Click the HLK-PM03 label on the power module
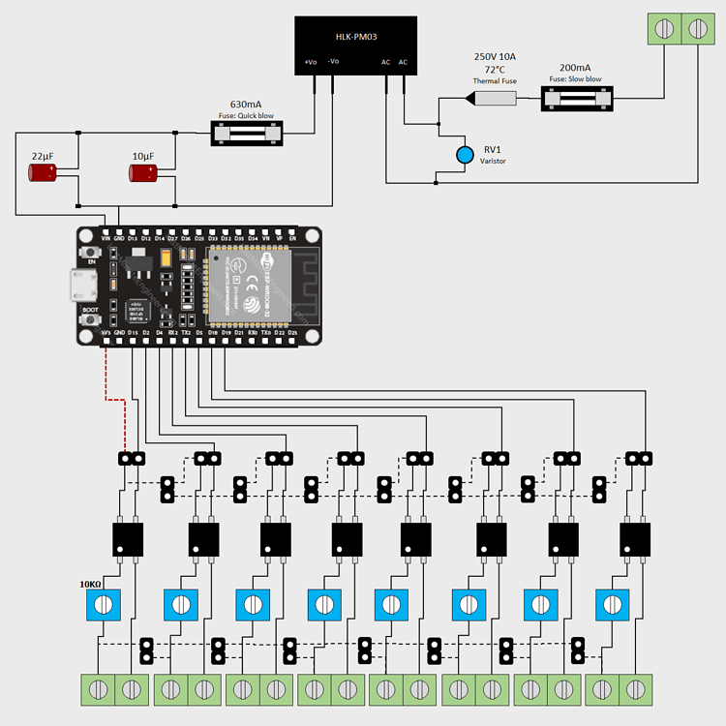(356, 37)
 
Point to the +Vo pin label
(310, 62)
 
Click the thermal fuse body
(494, 99)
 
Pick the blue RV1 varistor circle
(466, 154)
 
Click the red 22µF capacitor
(43, 172)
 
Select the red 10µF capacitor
(143, 172)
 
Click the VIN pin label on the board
(106, 237)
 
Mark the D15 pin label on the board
(133, 334)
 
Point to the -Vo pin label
(333, 62)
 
